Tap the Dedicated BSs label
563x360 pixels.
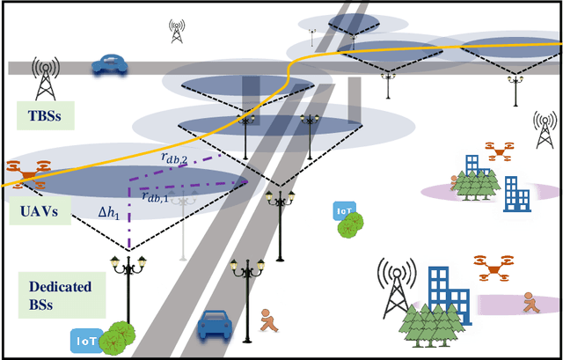point(55,293)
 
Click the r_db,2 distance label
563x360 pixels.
point(177,157)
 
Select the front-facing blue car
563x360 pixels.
point(215,324)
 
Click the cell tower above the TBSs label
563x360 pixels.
point(45,77)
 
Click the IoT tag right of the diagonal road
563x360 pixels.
point(344,211)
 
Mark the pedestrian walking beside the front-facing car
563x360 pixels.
point(269,320)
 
